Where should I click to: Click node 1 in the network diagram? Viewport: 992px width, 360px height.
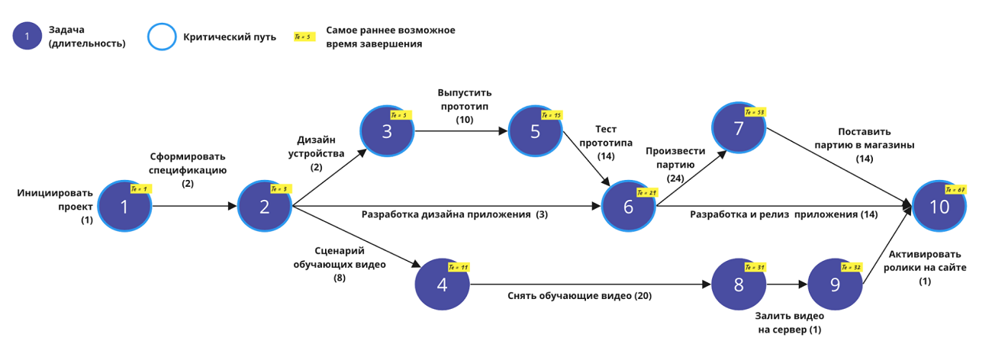click(x=124, y=206)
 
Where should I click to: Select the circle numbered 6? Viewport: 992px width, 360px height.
click(x=628, y=206)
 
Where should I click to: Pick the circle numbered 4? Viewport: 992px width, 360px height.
click(x=442, y=285)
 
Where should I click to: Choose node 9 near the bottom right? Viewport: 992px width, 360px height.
click(x=834, y=285)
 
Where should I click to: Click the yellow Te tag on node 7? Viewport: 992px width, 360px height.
click(x=756, y=112)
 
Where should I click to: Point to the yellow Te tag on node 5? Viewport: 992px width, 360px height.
click(x=552, y=115)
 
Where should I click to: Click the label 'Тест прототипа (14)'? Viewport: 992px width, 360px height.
click(x=606, y=143)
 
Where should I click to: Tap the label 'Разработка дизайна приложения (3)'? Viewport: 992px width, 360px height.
click(x=455, y=215)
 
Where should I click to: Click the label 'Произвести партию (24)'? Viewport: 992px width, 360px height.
click(x=669, y=164)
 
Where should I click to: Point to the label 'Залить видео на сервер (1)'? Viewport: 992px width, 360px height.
click(x=788, y=323)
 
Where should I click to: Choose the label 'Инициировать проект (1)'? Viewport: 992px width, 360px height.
click(x=55, y=206)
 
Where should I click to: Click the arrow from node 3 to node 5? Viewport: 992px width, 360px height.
click(x=461, y=131)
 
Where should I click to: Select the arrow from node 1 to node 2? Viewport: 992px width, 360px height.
click(x=195, y=206)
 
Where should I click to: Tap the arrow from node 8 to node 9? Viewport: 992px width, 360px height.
click(x=786, y=285)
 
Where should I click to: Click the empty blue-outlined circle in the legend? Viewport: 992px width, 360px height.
click(x=161, y=37)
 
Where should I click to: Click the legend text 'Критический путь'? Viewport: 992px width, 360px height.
click(x=230, y=37)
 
